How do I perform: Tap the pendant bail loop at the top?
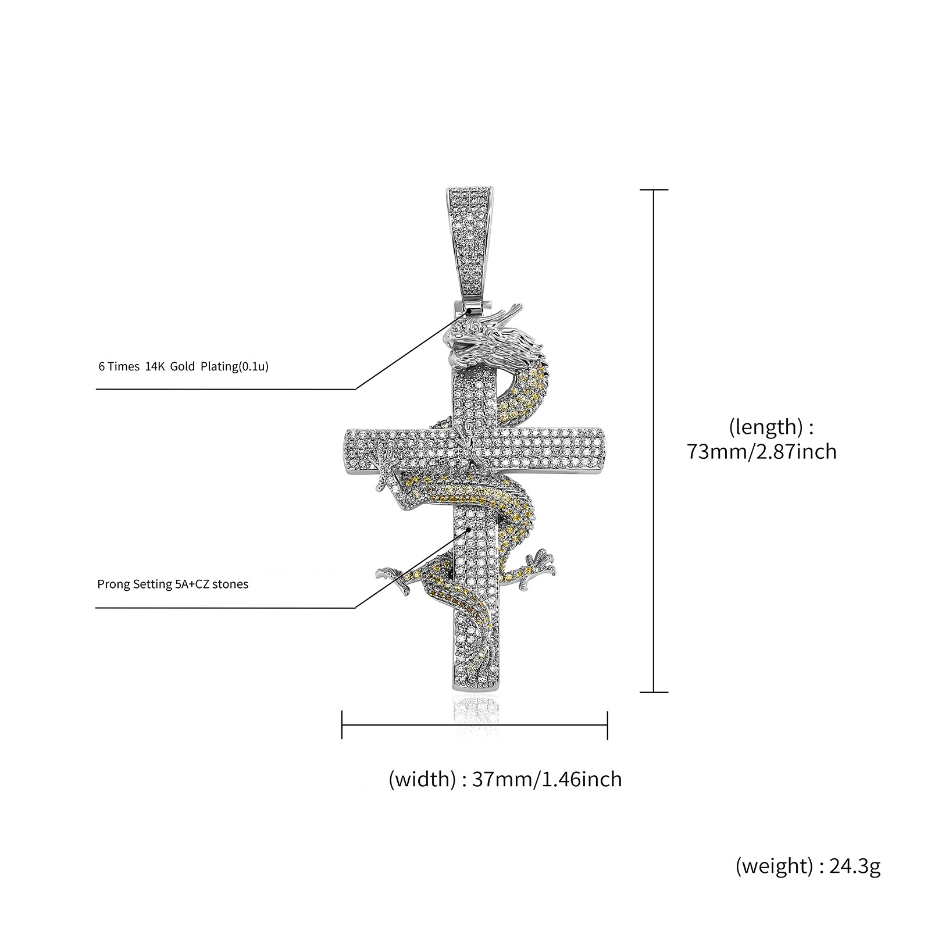[470, 244]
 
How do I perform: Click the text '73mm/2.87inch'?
[762, 451]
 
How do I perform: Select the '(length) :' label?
[771, 427]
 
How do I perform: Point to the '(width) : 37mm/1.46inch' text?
[505, 779]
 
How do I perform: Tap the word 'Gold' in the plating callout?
[183, 367]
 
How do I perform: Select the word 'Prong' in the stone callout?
[111, 584]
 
